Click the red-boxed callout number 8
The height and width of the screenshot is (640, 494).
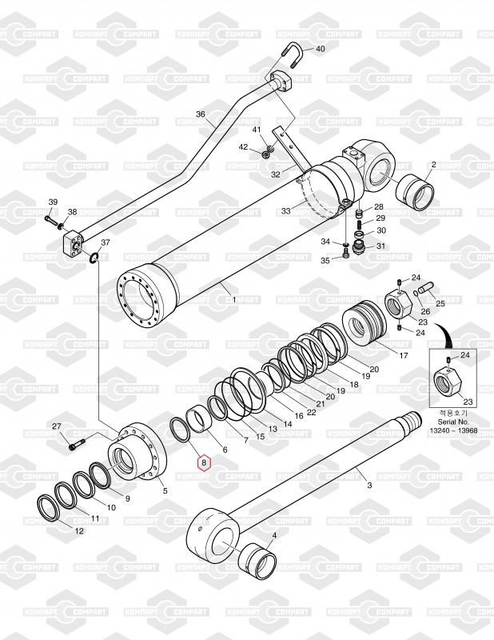(204, 462)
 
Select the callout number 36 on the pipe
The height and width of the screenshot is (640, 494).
(201, 114)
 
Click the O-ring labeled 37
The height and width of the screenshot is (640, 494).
(94, 258)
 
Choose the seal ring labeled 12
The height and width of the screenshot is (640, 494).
(54, 510)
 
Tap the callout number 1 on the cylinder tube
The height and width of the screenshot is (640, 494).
(233, 299)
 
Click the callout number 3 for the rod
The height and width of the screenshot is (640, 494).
(369, 485)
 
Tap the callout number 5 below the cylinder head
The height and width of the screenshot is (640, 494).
(165, 491)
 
